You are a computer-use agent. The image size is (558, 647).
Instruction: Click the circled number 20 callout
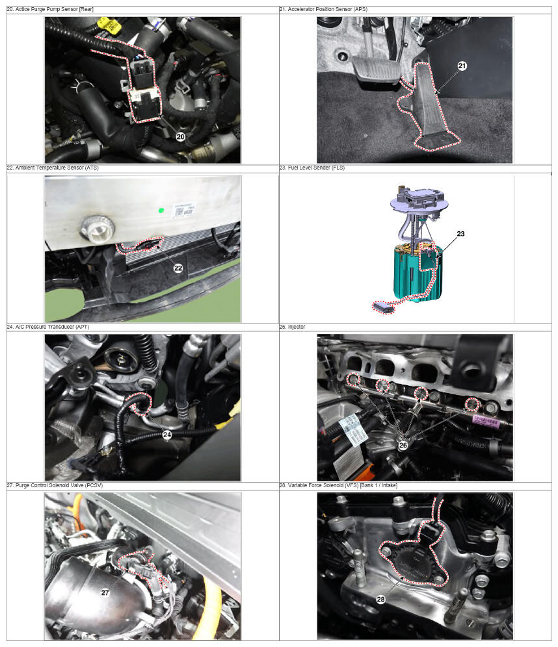tap(181, 136)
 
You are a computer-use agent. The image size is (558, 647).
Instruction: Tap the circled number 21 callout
tap(462, 66)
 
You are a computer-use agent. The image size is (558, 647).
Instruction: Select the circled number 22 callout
tap(178, 268)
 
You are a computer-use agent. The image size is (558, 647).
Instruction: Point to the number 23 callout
tap(460, 234)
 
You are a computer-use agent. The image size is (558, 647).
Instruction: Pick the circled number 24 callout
tap(167, 435)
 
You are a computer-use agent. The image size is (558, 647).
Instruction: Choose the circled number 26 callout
tap(403, 445)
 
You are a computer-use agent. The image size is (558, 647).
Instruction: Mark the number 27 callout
tap(105, 592)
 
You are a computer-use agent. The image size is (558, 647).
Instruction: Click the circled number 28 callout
tap(381, 599)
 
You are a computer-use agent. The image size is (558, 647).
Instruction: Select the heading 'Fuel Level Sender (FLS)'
tap(316, 168)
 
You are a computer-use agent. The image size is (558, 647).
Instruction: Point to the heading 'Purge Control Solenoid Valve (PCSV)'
tap(59, 485)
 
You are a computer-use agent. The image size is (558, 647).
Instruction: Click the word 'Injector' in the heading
tap(297, 327)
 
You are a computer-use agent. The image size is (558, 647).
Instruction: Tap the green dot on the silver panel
tap(161, 210)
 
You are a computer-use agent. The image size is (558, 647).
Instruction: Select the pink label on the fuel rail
tap(486, 421)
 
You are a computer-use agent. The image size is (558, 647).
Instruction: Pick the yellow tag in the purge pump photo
tap(111, 26)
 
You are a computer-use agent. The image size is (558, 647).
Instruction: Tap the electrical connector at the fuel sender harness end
tap(383, 307)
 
